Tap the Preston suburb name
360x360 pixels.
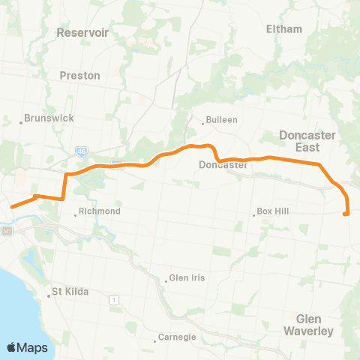click(x=80, y=76)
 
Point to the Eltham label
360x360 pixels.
click(x=284, y=29)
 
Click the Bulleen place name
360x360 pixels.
click(x=221, y=119)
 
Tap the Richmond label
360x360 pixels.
click(x=99, y=212)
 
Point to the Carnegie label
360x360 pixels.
click(x=178, y=337)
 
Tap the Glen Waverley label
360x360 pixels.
click(x=308, y=324)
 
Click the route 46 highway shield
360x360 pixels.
click(x=80, y=151)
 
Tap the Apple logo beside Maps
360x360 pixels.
click(x=12, y=347)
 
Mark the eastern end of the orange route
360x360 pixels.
click(x=345, y=214)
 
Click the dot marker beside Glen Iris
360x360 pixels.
click(x=166, y=280)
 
